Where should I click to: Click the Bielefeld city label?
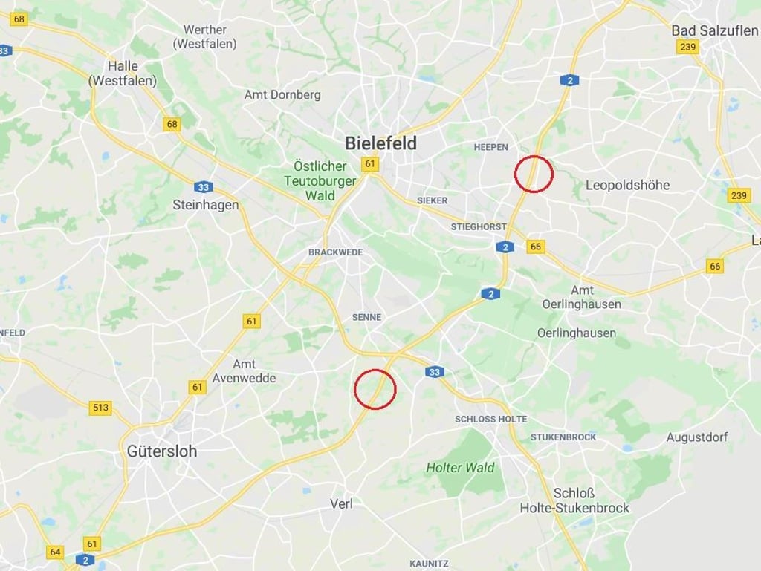point(380,143)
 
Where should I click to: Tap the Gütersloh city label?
point(162,451)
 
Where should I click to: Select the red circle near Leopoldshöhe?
point(534,174)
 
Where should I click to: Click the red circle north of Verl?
point(375,388)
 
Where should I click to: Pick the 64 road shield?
point(55,552)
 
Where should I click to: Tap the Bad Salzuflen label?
point(714,30)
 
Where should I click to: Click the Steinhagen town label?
point(206,204)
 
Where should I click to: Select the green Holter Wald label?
point(460,468)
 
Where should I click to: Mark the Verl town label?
point(341,503)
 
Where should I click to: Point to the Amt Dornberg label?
point(282,95)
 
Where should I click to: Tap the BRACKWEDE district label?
point(336,252)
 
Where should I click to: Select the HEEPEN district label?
point(490,147)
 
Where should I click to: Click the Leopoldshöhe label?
point(628,185)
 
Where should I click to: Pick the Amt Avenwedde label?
point(244,371)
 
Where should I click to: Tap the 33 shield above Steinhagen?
point(203,187)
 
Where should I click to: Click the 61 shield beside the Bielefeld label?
point(369,163)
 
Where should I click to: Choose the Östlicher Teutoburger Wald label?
point(320,180)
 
